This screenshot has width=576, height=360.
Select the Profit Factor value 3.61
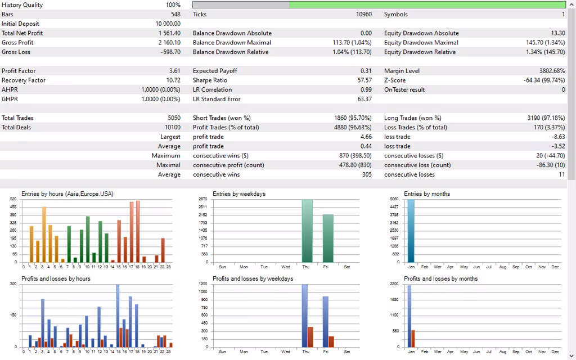[x=174, y=71]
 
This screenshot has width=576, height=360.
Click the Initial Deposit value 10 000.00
[x=168, y=24]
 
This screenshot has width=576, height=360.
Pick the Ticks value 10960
[x=364, y=14]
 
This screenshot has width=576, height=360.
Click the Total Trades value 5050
[x=172, y=118]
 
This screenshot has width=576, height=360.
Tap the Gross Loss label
[x=16, y=52]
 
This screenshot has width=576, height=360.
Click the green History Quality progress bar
[x=427, y=4]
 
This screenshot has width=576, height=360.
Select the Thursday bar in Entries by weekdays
[x=307, y=231]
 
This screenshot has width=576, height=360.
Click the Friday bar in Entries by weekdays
[x=328, y=238]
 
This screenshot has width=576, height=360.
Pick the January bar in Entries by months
[x=411, y=231]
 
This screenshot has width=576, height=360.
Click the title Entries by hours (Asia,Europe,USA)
[x=67, y=194]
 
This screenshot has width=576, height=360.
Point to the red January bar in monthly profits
[x=413, y=338]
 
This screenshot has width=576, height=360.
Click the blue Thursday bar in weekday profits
[x=305, y=315]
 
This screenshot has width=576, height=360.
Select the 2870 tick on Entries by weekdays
[x=203, y=200]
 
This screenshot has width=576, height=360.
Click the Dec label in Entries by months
[x=555, y=267]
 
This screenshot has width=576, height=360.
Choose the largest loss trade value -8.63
[x=557, y=137]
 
